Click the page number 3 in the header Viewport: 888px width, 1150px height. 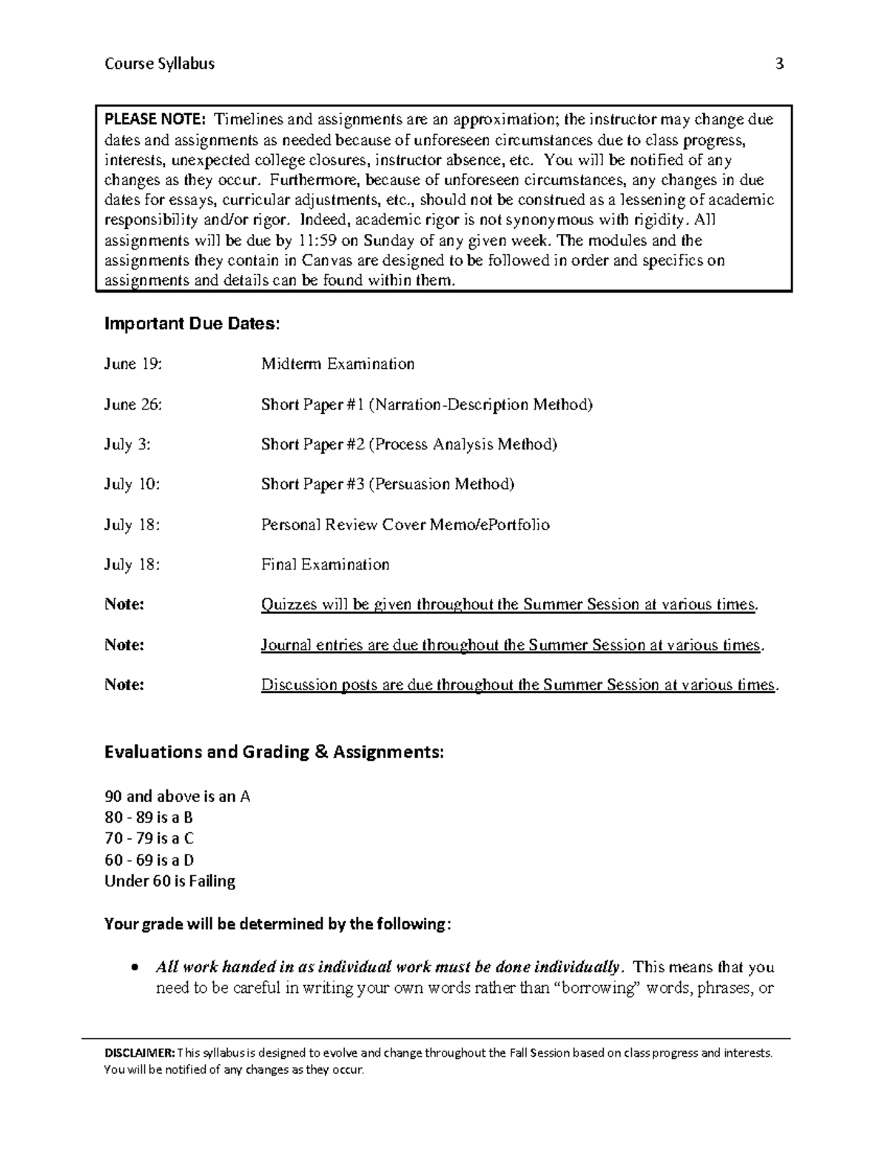click(778, 64)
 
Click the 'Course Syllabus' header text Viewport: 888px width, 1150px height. click(159, 64)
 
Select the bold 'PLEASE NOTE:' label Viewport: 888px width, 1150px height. click(156, 120)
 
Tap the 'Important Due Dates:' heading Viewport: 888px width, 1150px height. click(192, 324)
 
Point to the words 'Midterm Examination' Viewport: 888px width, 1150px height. click(337, 364)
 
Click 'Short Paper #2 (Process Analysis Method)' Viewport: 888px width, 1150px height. click(408, 444)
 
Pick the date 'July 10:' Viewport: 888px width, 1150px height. click(132, 484)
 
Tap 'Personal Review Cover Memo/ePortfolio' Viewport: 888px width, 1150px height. click(405, 524)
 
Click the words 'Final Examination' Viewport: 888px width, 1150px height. click(325, 564)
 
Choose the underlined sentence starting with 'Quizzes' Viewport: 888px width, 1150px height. click(509, 604)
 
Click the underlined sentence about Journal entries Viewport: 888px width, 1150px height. click(511, 645)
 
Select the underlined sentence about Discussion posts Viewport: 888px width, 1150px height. click(519, 685)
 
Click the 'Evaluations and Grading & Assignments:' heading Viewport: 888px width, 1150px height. click(274, 752)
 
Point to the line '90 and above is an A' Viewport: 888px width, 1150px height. click(177, 797)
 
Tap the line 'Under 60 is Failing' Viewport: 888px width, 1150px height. click(169, 881)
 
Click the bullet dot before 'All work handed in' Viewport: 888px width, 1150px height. click(134, 968)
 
